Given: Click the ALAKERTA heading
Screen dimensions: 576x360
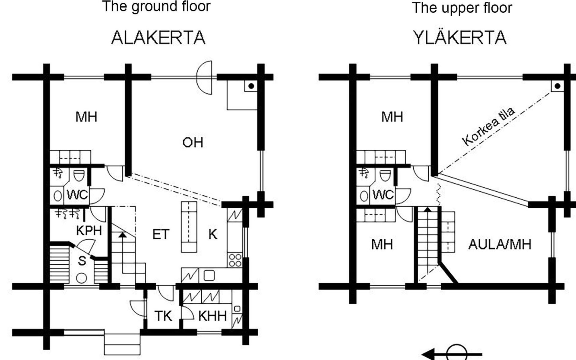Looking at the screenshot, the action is click(158, 38).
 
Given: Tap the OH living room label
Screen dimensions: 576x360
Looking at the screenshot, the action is click(193, 142).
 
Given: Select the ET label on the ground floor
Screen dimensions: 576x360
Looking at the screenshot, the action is click(161, 234).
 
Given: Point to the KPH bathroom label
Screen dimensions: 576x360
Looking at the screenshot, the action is click(89, 230).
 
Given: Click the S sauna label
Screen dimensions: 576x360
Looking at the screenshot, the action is click(82, 261).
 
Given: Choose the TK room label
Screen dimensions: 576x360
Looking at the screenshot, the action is click(163, 316).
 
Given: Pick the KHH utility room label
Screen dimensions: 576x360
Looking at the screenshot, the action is click(212, 316).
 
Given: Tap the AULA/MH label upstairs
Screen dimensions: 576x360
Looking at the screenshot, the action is click(500, 244).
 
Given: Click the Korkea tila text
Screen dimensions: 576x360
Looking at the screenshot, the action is click(488, 126).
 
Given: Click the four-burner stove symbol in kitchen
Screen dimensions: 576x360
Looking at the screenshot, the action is click(235, 260).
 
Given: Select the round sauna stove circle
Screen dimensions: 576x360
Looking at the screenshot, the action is click(81, 278).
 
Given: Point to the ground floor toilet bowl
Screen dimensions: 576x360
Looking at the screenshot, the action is click(79, 176).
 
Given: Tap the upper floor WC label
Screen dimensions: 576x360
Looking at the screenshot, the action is click(383, 195).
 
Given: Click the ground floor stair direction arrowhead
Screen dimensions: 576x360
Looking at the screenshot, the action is click(122, 235).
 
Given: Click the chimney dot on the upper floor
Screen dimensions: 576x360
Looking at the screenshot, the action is click(557, 86).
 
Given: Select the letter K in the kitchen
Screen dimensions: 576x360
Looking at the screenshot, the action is click(213, 234).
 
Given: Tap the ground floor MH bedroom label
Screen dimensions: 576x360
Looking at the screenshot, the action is click(86, 117).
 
